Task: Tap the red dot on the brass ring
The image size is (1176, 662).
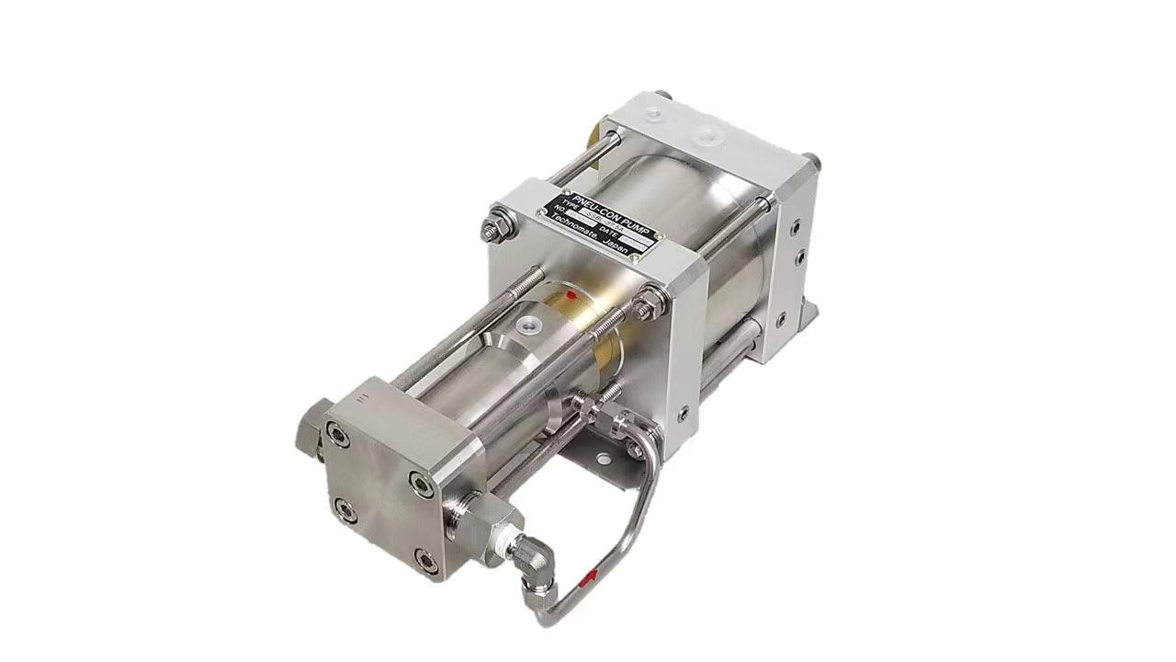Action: click(571, 295)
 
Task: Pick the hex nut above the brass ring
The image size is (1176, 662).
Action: click(650, 296)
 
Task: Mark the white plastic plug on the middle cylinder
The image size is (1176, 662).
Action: click(529, 325)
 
